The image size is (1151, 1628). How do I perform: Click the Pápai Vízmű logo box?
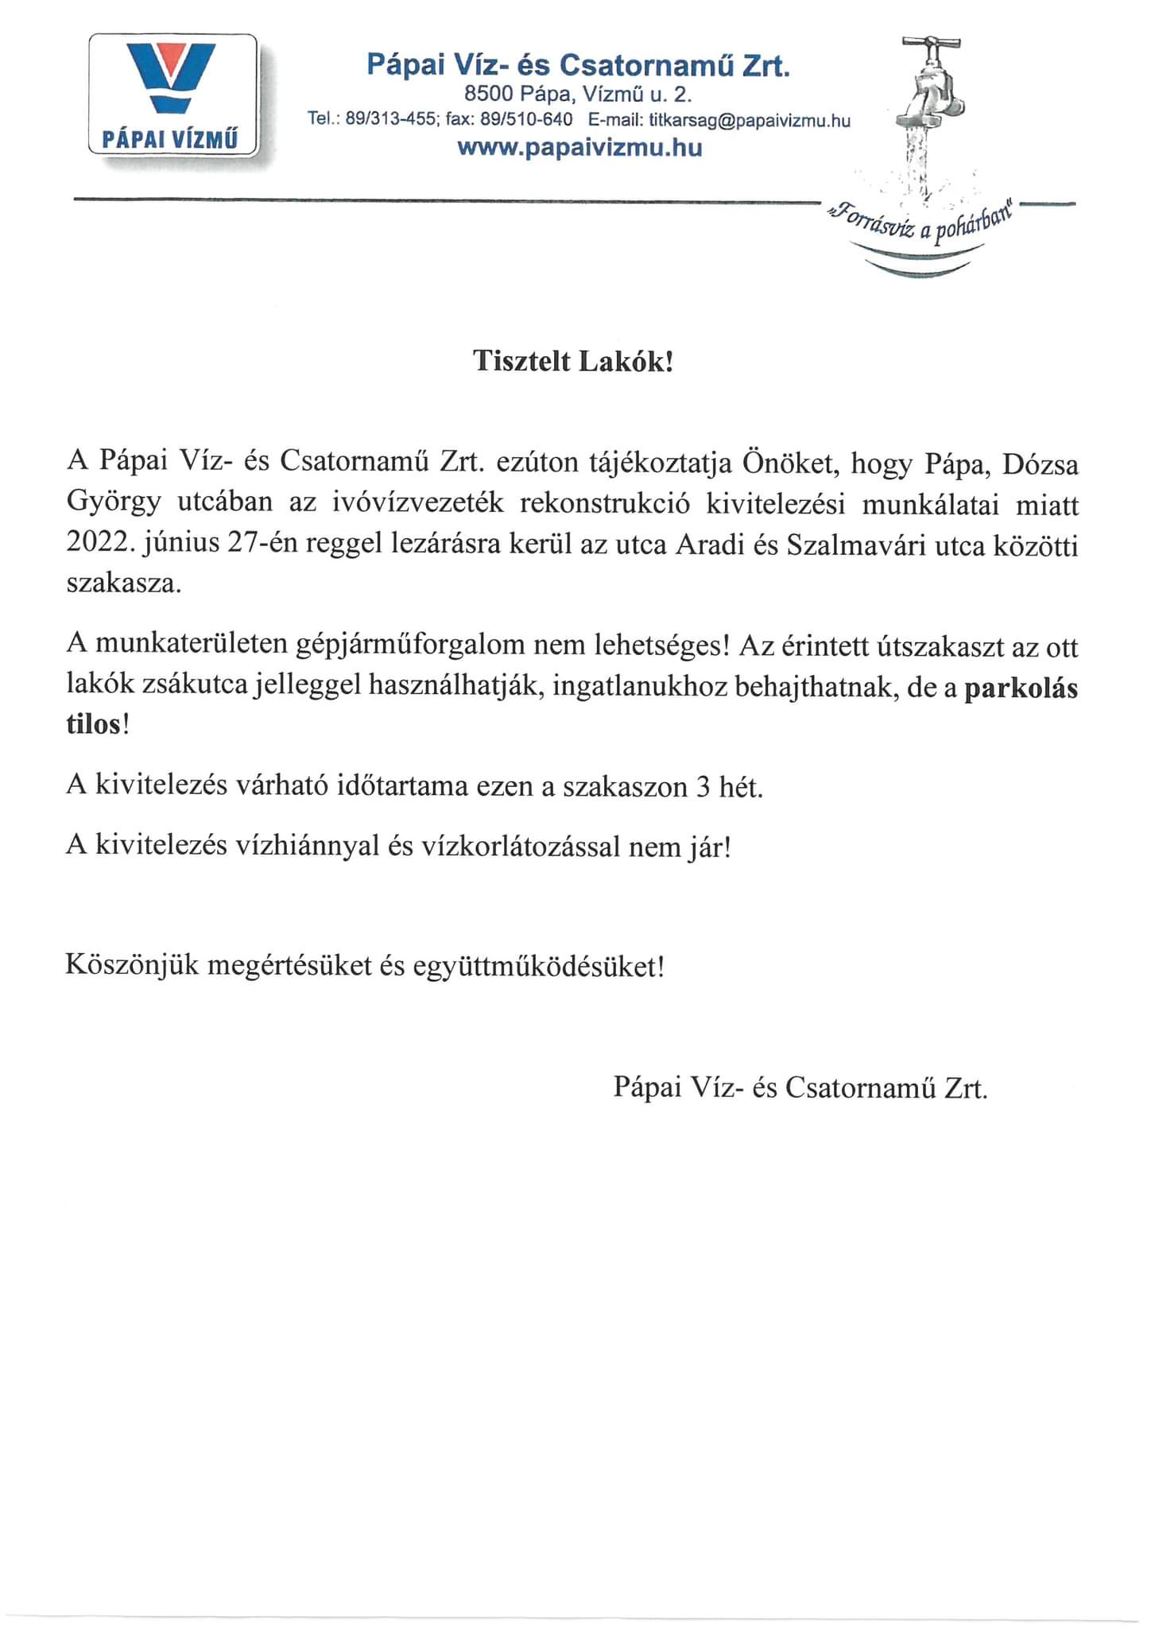click(173, 94)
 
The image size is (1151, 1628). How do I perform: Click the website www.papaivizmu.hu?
click(579, 148)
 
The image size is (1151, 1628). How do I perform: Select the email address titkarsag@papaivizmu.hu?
click(750, 121)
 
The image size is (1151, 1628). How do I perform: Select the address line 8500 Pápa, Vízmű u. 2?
click(579, 95)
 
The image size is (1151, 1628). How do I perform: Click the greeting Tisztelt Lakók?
click(573, 362)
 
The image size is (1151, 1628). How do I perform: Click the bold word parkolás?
click(1021, 688)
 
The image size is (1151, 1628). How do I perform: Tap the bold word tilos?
click(93, 725)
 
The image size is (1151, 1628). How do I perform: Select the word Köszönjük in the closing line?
click(131, 966)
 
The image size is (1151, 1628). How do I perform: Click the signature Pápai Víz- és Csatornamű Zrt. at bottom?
click(800, 1087)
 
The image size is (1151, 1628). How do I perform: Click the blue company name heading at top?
click(578, 64)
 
